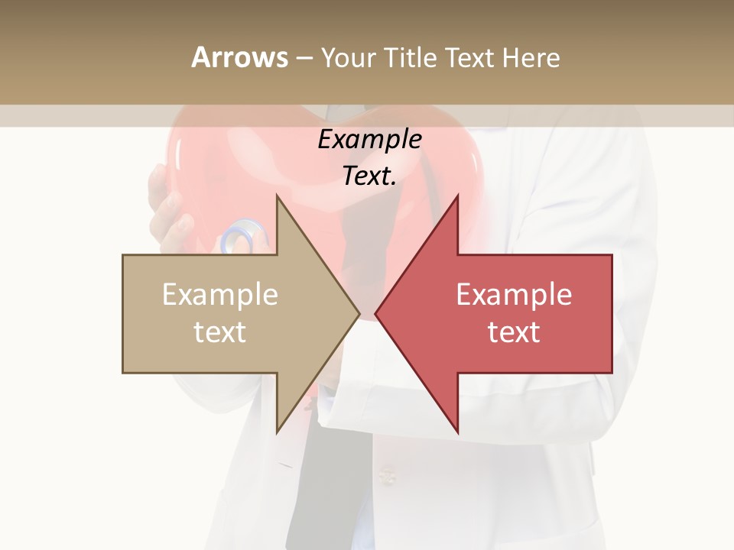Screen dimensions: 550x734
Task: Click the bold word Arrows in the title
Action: pyautogui.click(x=239, y=57)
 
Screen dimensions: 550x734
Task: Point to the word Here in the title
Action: pyautogui.click(x=531, y=58)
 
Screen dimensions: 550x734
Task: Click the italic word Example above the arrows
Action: pyautogui.click(x=370, y=140)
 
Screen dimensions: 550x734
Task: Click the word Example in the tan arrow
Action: pyautogui.click(x=219, y=295)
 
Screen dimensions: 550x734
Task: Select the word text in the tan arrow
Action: pyautogui.click(x=219, y=332)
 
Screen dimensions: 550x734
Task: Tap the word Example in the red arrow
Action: pyautogui.click(x=514, y=295)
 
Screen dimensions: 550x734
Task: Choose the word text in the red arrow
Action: pyautogui.click(x=514, y=332)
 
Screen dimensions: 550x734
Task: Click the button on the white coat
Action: pyautogui.click(x=388, y=477)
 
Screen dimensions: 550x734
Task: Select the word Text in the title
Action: pyautogui.click(x=468, y=58)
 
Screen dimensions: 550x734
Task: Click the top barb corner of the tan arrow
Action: pyautogui.click(x=277, y=196)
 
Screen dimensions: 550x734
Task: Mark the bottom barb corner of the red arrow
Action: pyautogui.click(x=458, y=432)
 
